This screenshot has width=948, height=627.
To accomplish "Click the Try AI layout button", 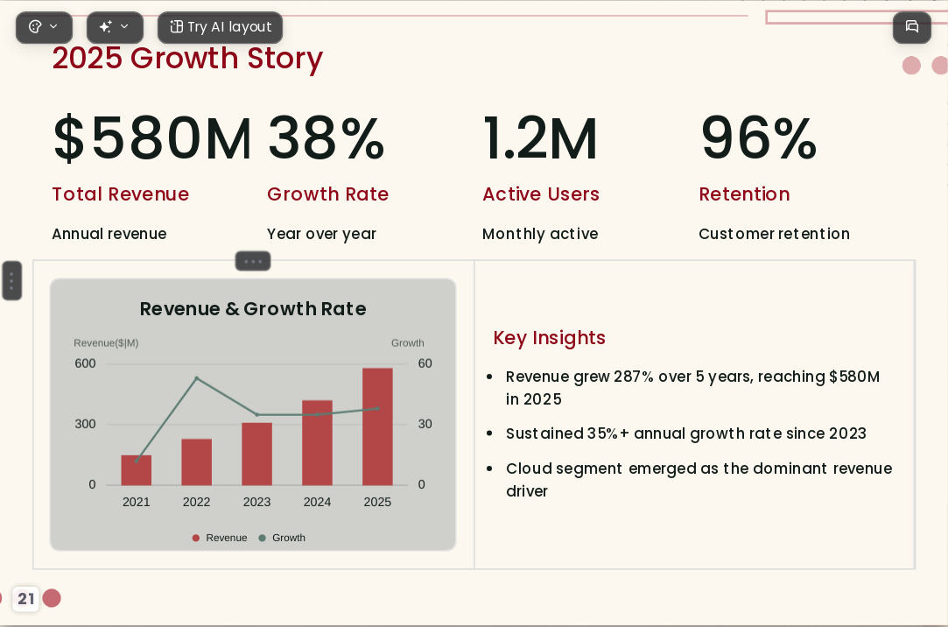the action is pyautogui.click(x=220, y=27).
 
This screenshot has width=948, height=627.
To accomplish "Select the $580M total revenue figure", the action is pyautogui.click(x=152, y=138).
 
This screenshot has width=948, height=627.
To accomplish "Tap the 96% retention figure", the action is pyautogui.click(x=759, y=138).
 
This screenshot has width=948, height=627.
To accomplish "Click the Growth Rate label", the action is pyautogui.click(x=327, y=194).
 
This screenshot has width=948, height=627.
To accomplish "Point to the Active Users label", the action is pyautogui.click(x=541, y=194).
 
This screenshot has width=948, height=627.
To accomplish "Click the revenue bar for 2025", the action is pyautogui.click(x=377, y=426).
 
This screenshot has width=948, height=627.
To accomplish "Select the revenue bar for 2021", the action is pyautogui.click(x=136, y=469).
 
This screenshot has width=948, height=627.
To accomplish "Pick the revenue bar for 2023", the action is pyautogui.click(x=257, y=454).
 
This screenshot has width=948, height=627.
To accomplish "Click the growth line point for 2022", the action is pyautogui.click(x=196, y=378).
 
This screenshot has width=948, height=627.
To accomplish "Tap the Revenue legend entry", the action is pyautogui.click(x=220, y=538).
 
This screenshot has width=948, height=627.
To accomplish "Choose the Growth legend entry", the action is pyautogui.click(x=282, y=538).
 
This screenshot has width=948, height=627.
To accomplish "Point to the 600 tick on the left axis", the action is pyautogui.click(x=85, y=363).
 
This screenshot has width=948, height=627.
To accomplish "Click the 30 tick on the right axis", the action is pyautogui.click(x=425, y=424).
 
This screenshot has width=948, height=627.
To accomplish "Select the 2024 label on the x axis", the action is pyautogui.click(x=318, y=502).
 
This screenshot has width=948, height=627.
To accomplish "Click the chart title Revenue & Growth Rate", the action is pyautogui.click(x=253, y=309).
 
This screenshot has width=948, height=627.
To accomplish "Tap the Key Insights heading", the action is pyautogui.click(x=549, y=338).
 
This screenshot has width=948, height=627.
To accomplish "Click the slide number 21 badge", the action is pyautogui.click(x=25, y=599).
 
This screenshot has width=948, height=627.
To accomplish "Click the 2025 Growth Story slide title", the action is pyautogui.click(x=187, y=59).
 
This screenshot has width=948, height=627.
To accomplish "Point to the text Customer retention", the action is pyautogui.click(x=774, y=234).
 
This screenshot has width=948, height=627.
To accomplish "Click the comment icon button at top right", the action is pyautogui.click(x=912, y=27).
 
